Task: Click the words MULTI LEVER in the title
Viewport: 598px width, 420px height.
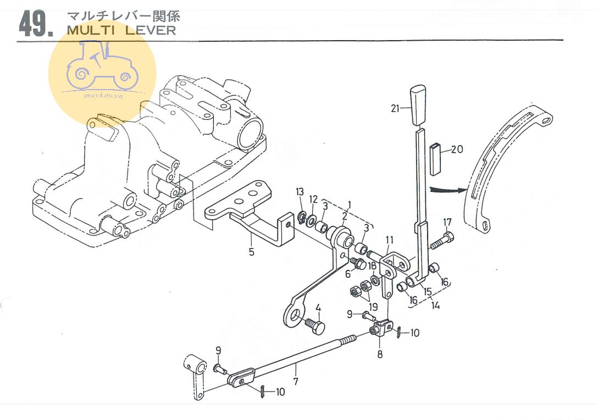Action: pyautogui.click(x=121, y=30)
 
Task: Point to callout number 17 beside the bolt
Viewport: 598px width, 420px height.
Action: pyautogui.click(x=447, y=223)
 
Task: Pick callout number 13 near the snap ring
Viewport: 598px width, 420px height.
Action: pyautogui.click(x=300, y=191)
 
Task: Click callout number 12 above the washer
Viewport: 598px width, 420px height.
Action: pyautogui.click(x=313, y=198)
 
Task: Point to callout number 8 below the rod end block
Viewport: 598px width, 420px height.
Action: pyautogui.click(x=379, y=355)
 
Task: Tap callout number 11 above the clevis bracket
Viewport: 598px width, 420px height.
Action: pyautogui.click(x=390, y=240)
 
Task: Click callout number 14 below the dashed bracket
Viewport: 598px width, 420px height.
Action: pyautogui.click(x=435, y=305)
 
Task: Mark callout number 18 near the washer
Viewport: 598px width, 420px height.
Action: pyautogui.click(x=373, y=266)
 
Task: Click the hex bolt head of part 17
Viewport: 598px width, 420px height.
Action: pyautogui.click(x=449, y=238)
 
